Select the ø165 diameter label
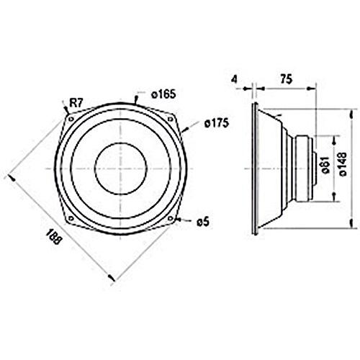tap(164, 94)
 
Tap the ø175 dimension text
tap(215, 124)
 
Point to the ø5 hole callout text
tap(202, 222)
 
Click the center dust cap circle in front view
tap(120, 170)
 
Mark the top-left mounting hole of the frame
tap(70, 112)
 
